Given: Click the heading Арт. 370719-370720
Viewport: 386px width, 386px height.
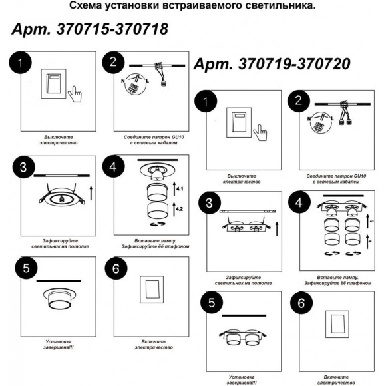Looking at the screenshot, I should (x=272, y=65).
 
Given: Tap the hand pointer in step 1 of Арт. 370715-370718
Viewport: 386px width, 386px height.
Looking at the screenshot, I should (x=76, y=92).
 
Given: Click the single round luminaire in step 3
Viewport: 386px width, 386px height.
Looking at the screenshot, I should (x=59, y=198).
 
